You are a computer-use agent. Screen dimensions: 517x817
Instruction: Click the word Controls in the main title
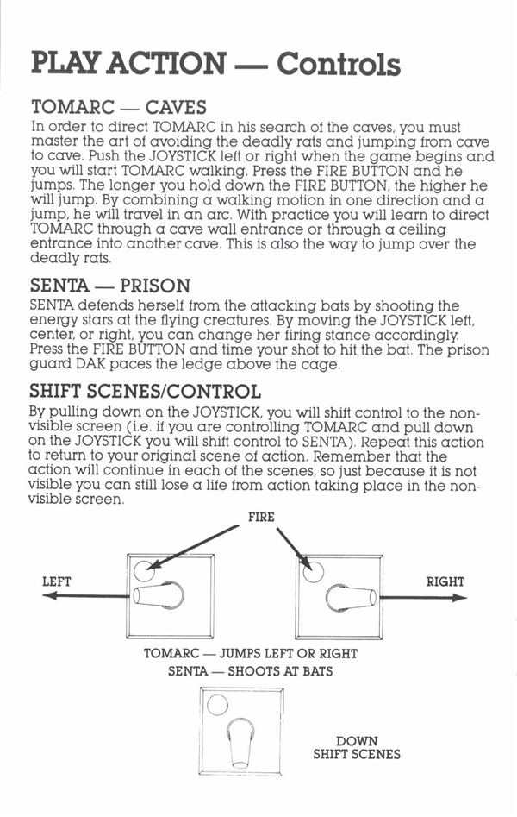pyautogui.click(x=339, y=64)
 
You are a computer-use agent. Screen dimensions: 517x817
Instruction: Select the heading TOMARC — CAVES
pyautogui.click(x=119, y=107)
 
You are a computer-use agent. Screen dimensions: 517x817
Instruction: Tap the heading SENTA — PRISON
pyautogui.click(x=110, y=286)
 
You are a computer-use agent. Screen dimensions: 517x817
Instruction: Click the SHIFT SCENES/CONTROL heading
pyautogui.click(x=146, y=392)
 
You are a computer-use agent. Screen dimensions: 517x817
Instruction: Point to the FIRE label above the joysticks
pyautogui.click(x=261, y=517)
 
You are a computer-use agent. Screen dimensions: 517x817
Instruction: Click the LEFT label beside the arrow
pyautogui.click(x=57, y=581)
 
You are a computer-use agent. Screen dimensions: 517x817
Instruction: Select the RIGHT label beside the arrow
pyautogui.click(x=445, y=581)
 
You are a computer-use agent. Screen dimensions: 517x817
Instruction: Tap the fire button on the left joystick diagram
pyautogui.click(x=144, y=570)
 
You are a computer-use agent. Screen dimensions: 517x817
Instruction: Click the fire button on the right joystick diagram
pyautogui.click(x=313, y=572)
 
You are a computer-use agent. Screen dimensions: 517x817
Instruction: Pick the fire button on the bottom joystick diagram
pyautogui.click(x=217, y=706)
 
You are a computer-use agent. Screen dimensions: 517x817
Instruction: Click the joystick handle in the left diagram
pyautogui.click(x=159, y=595)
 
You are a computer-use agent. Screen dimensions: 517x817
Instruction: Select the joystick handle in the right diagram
pyautogui.click(x=352, y=597)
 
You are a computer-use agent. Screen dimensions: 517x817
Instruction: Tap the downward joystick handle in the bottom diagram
pyautogui.click(x=240, y=743)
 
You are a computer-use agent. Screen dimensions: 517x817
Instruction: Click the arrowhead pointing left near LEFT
pyautogui.click(x=49, y=595)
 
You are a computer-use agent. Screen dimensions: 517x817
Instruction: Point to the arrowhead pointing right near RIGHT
pyautogui.click(x=459, y=598)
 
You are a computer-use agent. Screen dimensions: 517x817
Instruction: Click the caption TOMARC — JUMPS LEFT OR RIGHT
pyautogui.click(x=251, y=653)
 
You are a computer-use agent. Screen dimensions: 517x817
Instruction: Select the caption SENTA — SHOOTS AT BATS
pyautogui.click(x=251, y=671)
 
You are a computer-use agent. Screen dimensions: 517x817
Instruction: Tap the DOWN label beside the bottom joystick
pyautogui.click(x=358, y=740)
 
